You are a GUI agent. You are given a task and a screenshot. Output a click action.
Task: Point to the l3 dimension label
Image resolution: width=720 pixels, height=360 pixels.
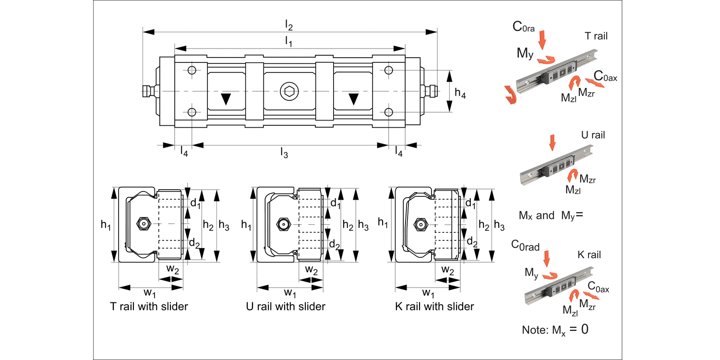click(x=284, y=153)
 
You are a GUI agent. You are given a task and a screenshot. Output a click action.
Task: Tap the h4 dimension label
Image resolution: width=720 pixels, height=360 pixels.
click(x=460, y=95)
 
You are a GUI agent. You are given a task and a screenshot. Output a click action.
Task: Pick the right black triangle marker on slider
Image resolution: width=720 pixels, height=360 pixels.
click(x=354, y=99)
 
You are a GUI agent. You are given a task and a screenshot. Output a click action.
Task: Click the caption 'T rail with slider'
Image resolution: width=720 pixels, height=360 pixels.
click(x=149, y=306)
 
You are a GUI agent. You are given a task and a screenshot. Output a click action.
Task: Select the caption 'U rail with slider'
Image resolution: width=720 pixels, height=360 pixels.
click(x=285, y=306)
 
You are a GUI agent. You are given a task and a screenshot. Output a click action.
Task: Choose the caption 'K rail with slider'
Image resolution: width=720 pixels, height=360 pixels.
click(x=434, y=306)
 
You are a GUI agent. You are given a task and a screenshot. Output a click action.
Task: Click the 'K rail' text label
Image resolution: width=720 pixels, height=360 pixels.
click(x=589, y=255)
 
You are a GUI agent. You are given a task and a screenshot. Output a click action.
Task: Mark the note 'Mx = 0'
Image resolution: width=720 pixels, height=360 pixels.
click(x=555, y=330)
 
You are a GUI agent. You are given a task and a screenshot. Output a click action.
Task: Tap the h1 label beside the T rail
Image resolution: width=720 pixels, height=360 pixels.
click(x=106, y=224)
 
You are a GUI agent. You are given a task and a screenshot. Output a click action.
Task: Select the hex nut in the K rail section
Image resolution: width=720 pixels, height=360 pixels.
click(x=420, y=224)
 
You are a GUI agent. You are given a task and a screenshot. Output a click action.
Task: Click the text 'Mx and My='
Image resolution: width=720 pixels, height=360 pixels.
click(x=551, y=216)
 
